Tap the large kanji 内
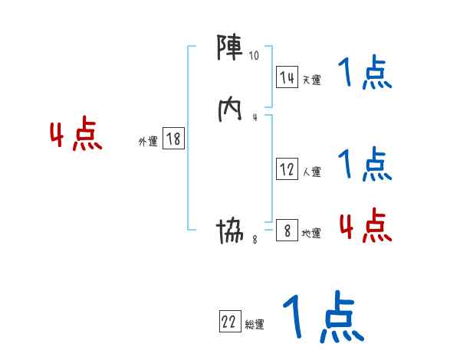[231, 109]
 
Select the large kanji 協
[231, 229]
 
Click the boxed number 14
[287, 77]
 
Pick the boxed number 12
[287, 169]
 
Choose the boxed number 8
[287, 230]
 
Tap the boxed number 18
[173, 139]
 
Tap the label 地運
[311, 233]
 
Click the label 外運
[148, 142]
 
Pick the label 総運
[255, 326]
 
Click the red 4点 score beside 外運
[76, 136]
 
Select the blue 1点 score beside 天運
[364, 74]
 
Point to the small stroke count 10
[255, 56]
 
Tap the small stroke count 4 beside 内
[255, 117]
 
